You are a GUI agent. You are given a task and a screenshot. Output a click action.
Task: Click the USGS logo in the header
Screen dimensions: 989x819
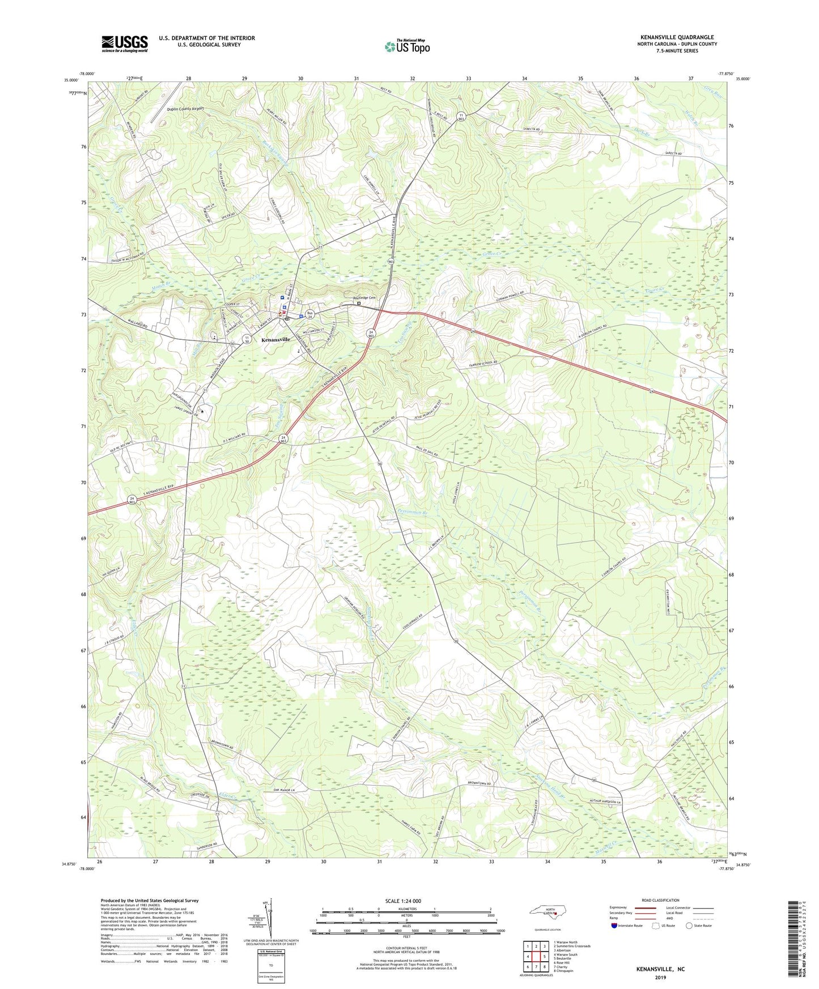point(125,44)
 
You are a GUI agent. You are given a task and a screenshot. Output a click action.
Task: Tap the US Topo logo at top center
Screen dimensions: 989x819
point(406,46)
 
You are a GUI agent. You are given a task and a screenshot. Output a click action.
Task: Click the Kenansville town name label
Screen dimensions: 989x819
point(275,339)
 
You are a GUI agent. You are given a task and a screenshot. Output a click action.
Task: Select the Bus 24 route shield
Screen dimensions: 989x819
point(309,314)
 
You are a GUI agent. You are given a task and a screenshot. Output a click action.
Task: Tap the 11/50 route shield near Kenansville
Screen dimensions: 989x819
point(247,339)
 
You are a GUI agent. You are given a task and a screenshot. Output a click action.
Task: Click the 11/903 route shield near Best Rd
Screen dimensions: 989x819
point(462,117)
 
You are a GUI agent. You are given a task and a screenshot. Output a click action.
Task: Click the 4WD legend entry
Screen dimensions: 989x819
point(673,918)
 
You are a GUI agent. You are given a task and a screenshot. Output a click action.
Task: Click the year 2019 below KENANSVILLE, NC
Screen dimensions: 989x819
point(660,977)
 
